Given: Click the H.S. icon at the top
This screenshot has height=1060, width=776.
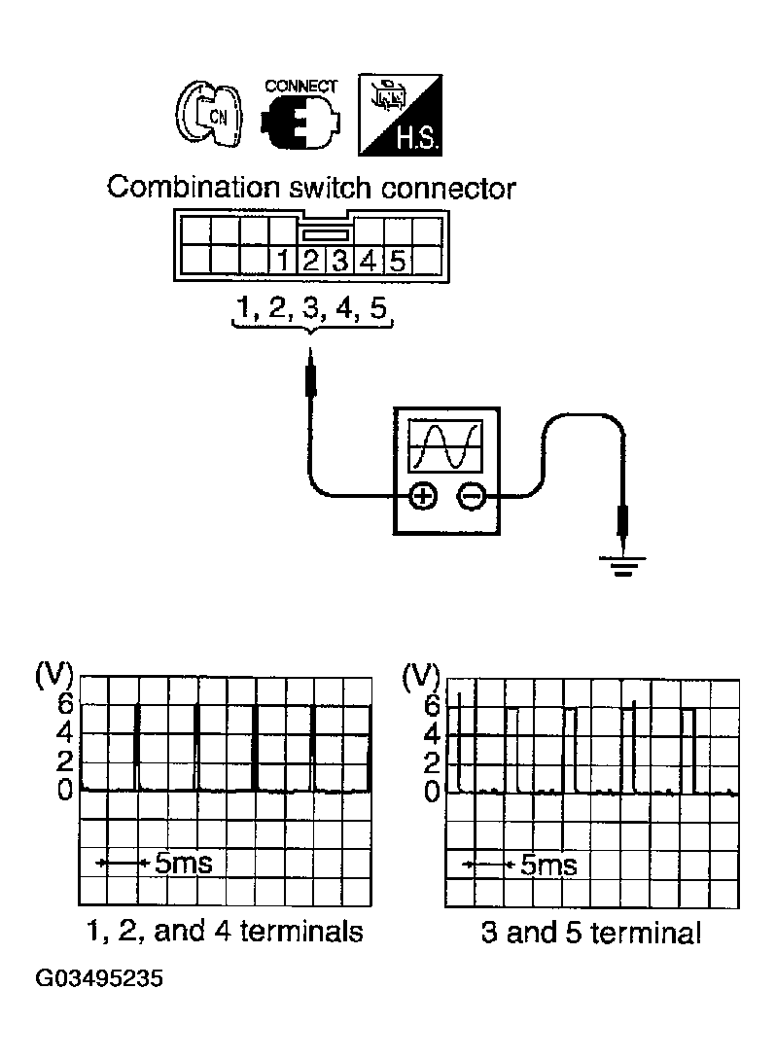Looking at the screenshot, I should point(401,116).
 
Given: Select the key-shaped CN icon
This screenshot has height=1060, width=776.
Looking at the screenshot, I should point(208,117).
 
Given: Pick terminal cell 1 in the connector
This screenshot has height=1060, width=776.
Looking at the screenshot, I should point(282,261).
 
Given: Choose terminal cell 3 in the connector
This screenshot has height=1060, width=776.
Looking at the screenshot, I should point(340,261).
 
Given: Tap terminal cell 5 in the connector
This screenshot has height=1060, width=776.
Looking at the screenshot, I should point(398,261).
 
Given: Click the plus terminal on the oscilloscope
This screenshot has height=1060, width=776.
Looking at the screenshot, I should point(422,497).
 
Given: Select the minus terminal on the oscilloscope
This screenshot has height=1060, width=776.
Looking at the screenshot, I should point(471,497).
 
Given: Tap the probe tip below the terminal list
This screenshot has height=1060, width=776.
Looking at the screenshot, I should point(311,374).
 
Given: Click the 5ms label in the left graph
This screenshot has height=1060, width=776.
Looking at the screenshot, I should point(183,863).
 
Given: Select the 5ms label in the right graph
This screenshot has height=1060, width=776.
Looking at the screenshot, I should point(547,865).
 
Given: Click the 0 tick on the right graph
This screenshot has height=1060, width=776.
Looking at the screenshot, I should point(431,793).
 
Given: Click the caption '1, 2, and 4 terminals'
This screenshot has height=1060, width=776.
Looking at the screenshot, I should point(223,932).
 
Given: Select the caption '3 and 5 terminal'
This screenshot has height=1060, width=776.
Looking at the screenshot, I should point(590,934).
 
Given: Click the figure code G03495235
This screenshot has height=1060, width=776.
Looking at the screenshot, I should point(99,977).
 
